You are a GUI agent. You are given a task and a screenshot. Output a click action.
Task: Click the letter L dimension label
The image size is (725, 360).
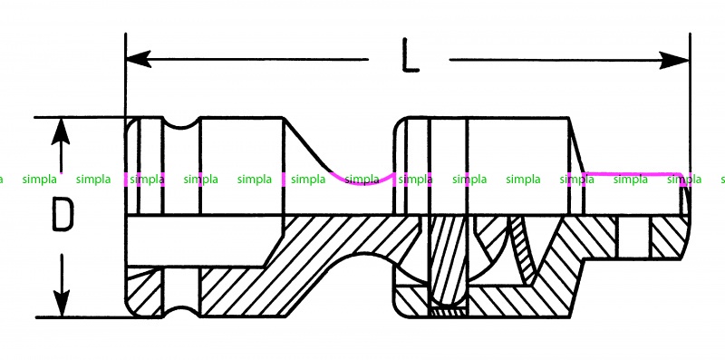(x=410, y=55)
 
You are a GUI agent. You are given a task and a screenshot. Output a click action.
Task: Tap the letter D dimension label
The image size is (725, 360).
(x=62, y=214)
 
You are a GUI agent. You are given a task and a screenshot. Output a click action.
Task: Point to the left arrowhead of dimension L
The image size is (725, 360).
(x=139, y=59)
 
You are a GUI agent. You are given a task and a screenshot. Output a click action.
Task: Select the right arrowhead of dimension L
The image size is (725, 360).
(x=674, y=60)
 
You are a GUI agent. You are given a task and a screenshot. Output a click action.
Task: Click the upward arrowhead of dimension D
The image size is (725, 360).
(x=61, y=131)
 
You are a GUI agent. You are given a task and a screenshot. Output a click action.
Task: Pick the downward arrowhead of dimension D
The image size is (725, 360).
(x=61, y=303)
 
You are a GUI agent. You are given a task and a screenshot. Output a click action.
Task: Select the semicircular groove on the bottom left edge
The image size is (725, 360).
(x=181, y=311)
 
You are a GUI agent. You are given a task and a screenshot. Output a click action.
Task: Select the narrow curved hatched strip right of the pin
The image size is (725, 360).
(x=524, y=250)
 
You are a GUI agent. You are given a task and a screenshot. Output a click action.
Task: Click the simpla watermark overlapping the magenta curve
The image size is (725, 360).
(x=362, y=180)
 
